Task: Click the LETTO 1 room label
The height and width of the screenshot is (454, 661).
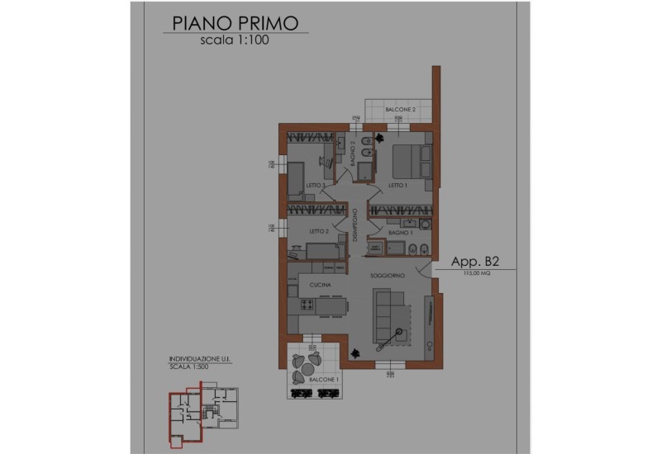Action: click(399, 186)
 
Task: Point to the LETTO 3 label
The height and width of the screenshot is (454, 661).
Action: click(315, 185)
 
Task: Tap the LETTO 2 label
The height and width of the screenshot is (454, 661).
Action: click(319, 232)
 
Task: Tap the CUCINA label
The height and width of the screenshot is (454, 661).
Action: click(321, 286)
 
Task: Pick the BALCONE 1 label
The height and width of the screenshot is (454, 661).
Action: click(326, 378)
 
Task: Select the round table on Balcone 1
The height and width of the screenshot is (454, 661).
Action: click(309, 364)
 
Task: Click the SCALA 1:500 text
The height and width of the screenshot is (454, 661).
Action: click(188, 367)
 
